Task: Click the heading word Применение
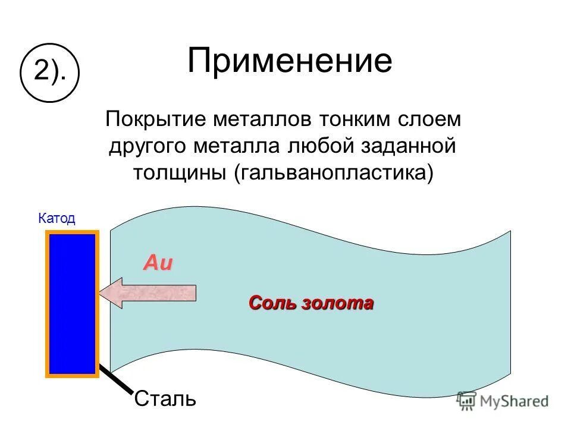click(290, 61)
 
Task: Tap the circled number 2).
click(49, 73)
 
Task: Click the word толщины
click(180, 172)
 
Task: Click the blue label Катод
click(57, 219)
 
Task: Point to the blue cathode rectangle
click(72, 303)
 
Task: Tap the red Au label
click(158, 263)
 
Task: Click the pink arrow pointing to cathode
click(149, 292)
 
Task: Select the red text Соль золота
click(311, 303)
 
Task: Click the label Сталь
click(165, 397)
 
